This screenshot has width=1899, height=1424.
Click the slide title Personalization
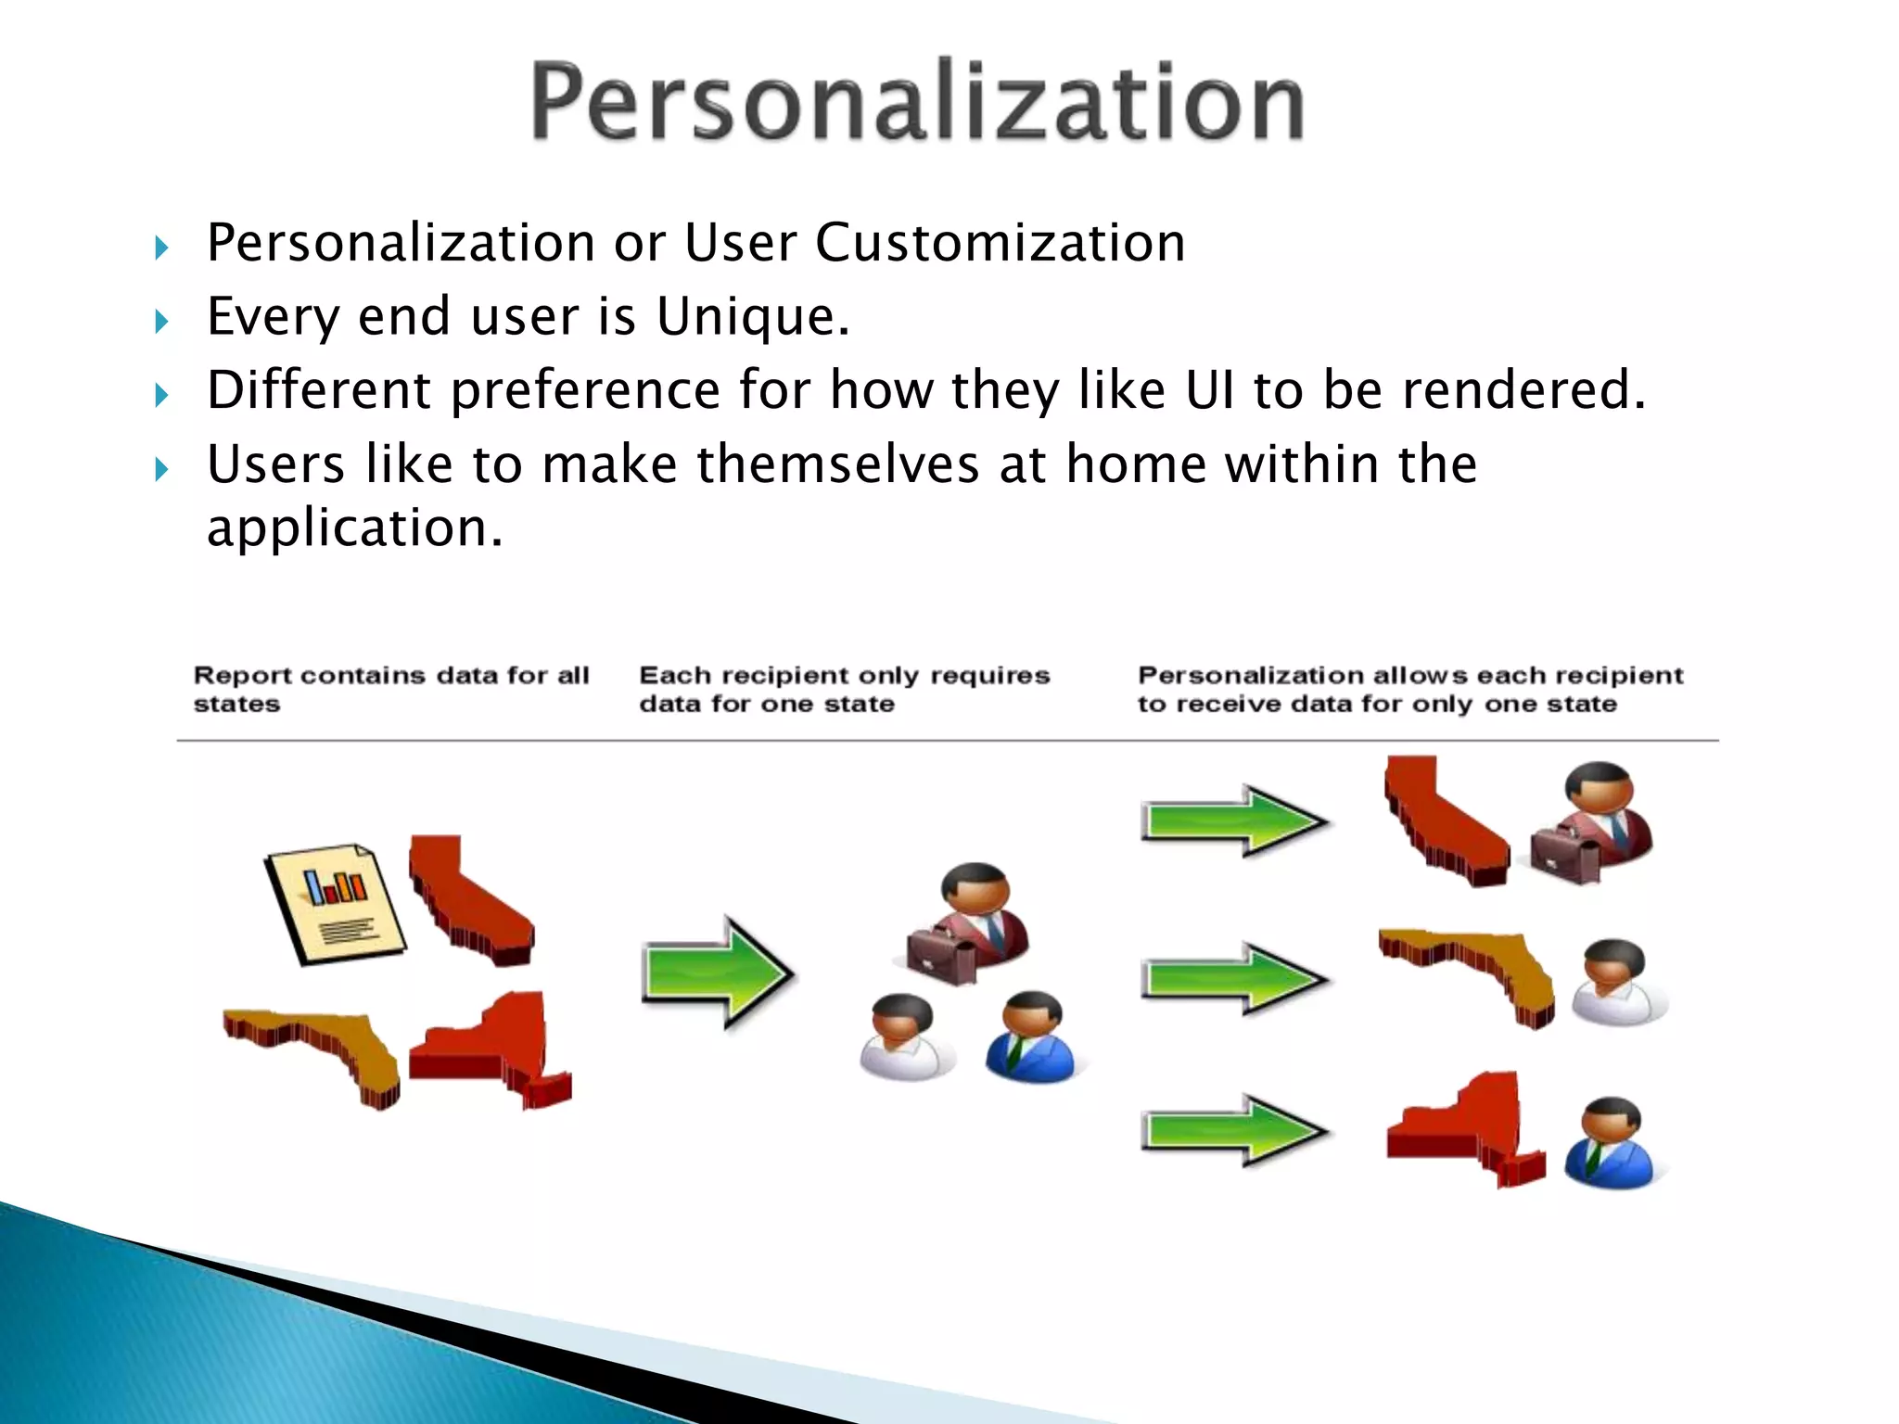click(x=916, y=102)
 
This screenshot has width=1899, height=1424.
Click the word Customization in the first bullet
click(x=1000, y=243)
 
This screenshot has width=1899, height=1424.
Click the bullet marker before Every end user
click(x=161, y=322)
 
